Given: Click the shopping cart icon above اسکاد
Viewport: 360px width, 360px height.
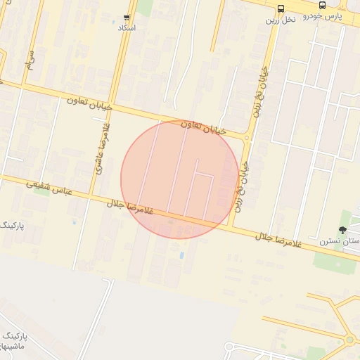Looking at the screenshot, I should tap(127, 17).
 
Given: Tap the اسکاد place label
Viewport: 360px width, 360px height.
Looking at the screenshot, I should tap(127, 27).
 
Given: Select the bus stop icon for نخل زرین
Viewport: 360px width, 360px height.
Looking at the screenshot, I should tap(281, 8).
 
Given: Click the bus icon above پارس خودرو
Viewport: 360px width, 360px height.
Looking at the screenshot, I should tap(322, 5).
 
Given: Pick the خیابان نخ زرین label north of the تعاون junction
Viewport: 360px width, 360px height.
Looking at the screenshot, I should tap(262, 91).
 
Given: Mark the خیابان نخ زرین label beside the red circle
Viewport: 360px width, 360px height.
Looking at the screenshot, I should tap(242, 186).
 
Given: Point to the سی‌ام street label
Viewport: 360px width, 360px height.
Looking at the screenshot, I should tap(30, 61).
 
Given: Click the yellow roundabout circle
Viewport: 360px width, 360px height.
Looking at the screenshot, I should tap(349, 340).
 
